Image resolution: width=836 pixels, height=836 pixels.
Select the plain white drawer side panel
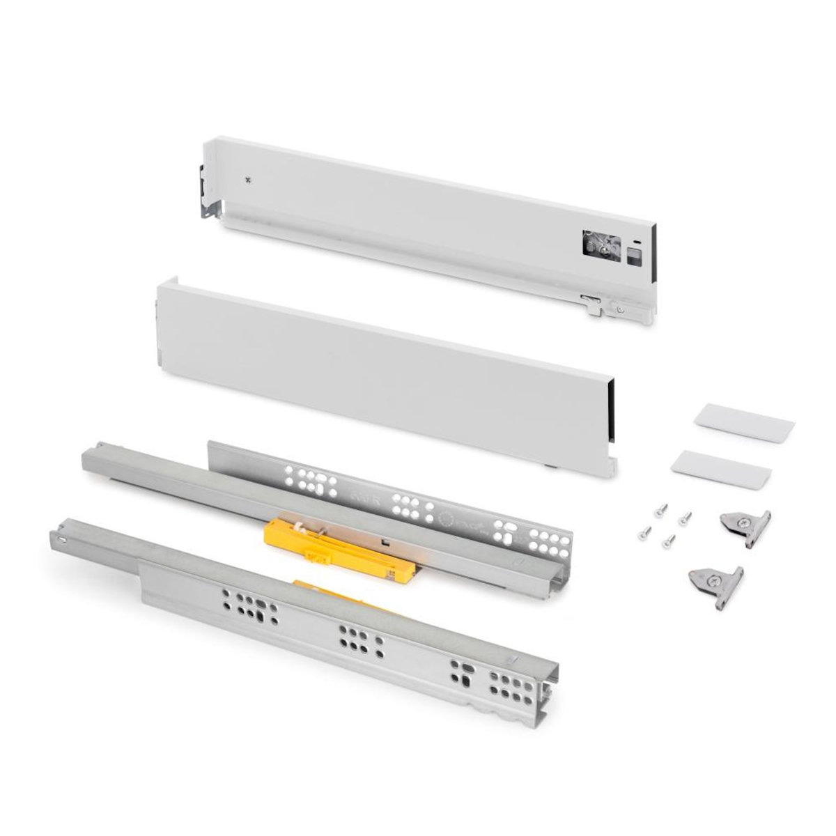click(383, 376)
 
